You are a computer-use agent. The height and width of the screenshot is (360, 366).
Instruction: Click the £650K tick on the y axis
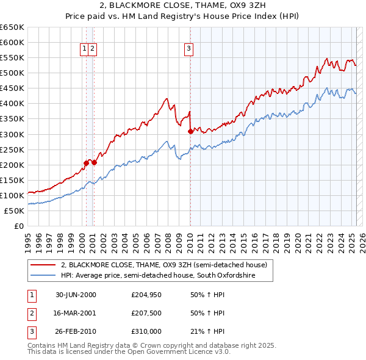(x=12, y=27)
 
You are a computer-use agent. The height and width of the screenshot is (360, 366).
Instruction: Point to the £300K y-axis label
(x=12, y=134)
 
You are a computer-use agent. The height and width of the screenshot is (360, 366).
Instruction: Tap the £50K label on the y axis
(x=15, y=211)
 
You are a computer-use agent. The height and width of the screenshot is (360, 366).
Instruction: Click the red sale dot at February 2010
(x=190, y=131)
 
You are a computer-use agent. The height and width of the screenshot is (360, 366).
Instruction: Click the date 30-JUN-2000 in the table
(x=76, y=295)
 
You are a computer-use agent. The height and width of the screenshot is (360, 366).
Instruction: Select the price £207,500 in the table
(x=146, y=314)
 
